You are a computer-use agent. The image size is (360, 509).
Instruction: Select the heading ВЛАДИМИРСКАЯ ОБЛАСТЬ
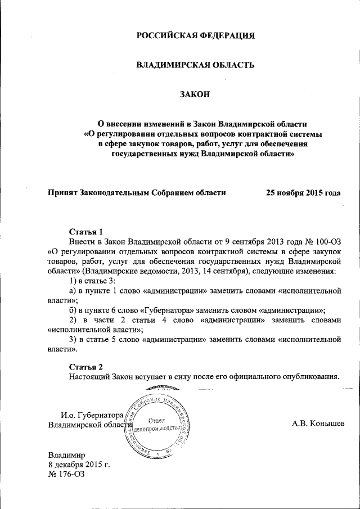point(195,66)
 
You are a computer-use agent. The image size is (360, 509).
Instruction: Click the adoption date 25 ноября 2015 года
point(303,192)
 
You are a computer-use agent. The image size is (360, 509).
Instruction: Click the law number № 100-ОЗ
point(321,242)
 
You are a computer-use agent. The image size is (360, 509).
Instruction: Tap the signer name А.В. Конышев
point(318,423)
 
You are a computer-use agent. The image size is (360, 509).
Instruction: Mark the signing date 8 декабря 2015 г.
point(79,464)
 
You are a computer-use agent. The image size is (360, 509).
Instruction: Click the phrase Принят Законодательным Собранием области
point(137,192)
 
